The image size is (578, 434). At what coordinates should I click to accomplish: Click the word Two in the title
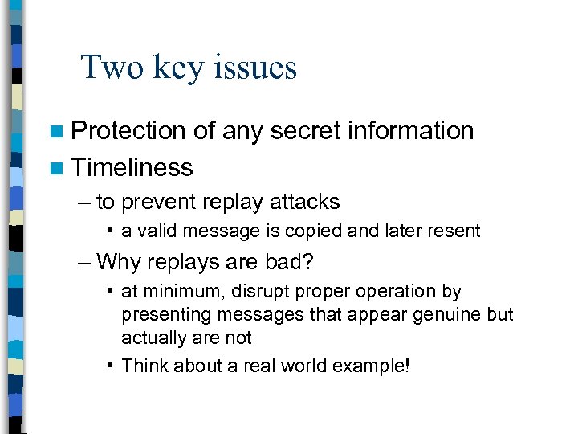point(108,68)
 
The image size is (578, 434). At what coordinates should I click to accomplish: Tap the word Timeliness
point(132,167)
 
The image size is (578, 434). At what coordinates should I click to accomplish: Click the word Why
point(118,261)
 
